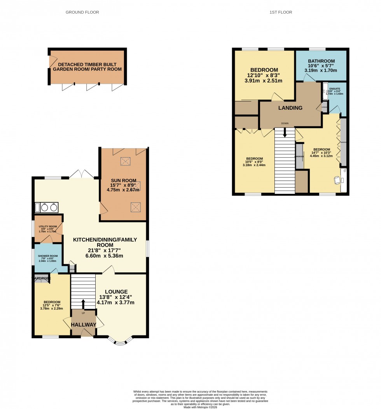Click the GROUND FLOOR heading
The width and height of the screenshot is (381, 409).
click(x=82, y=12)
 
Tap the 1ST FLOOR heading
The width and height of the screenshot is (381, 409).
click(x=281, y=12)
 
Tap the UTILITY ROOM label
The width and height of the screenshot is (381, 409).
click(x=48, y=226)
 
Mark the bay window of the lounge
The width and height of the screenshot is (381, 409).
click(x=121, y=341)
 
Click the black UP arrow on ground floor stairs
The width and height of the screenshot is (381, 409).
click(x=83, y=304)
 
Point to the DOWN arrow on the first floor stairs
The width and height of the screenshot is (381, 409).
click(x=285, y=133)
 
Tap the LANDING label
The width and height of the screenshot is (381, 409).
click(x=290, y=108)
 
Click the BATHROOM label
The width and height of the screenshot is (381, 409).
click(x=322, y=61)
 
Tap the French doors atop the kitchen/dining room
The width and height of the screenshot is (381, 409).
click(x=82, y=175)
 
